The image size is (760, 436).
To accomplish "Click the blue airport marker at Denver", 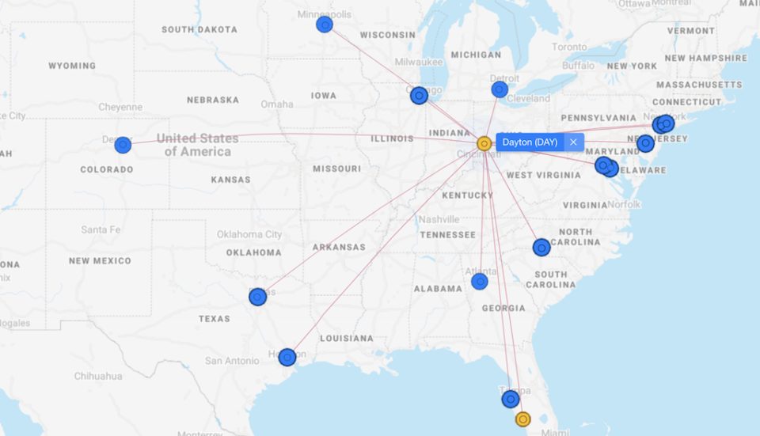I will pyautogui.click(x=123, y=145).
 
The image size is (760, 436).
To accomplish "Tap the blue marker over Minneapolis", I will pyautogui.click(x=325, y=25).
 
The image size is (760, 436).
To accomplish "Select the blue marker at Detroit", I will pyautogui.click(x=500, y=89).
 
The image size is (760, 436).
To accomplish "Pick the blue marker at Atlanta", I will pyautogui.click(x=480, y=282).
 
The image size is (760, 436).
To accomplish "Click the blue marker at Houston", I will pyautogui.click(x=287, y=357).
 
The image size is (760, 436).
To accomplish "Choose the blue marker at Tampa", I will pyautogui.click(x=511, y=399).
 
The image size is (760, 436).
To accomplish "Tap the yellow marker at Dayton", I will pyautogui.click(x=484, y=143).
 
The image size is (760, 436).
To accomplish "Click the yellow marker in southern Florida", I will pyautogui.click(x=522, y=419).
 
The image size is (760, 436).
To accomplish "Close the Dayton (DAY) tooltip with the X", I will pyautogui.click(x=573, y=142).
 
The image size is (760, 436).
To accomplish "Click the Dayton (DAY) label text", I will pyautogui.click(x=530, y=142).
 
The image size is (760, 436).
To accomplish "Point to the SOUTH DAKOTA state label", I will pyautogui.click(x=199, y=30).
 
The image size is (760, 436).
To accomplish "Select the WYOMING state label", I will pyautogui.click(x=72, y=66).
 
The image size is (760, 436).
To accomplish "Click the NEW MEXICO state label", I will pyautogui.click(x=100, y=261).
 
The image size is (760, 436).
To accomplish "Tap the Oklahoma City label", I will pyautogui.click(x=249, y=234).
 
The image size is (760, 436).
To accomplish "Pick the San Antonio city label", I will pyautogui.click(x=232, y=361).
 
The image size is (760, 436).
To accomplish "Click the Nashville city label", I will pyautogui.click(x=439, y=219).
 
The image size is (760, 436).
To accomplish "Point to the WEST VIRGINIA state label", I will pyautogui.click(x=544, y=175).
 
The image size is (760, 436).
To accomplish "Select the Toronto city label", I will pyautogui.click(x=570, y=47).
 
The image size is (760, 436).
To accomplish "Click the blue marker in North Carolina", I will pyautogui.click(x=541, y=248).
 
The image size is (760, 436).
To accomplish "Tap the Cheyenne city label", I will pyautogui.click(x=120, y=107).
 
